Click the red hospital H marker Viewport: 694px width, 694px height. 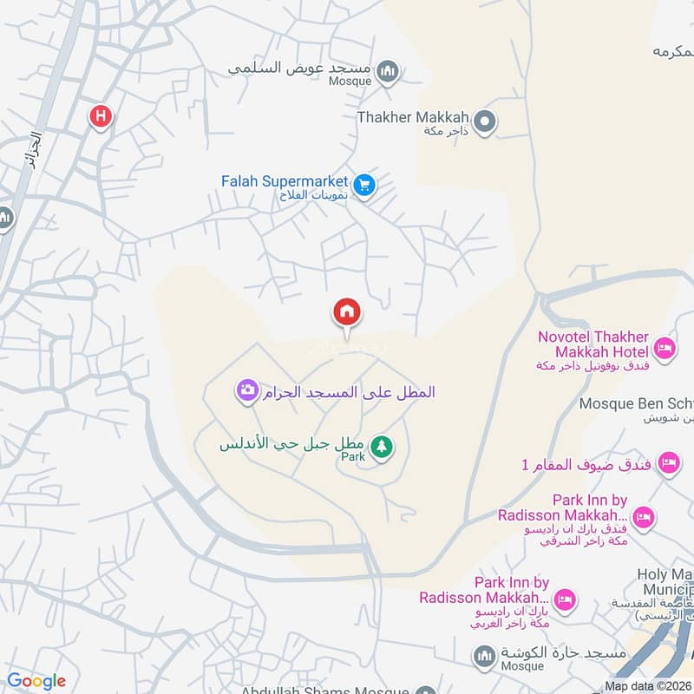pyautogui.click(x=101, y=115)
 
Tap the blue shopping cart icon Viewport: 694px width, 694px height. pyautogui.click(x=364, y=185)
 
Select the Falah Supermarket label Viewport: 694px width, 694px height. pyautogui.click(x=285, y=182)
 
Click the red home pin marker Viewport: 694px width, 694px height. pyautogui.click(x=347, y=311)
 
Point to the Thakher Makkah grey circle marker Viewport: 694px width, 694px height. pyautogui.click(x=487, y=122)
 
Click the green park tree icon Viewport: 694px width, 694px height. pyautogui.click(x=381, y=447)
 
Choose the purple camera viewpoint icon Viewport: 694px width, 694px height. pyautogui.click(x=247, y=391)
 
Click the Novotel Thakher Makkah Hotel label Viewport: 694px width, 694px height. pyautogui.click(x=593, y=344)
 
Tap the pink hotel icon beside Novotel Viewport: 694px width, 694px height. pyautogui.click(x=664, y=349)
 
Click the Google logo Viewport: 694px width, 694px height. pyautogui.click(x=36, y=681)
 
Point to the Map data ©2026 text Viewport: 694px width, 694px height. pyautogui.click(x=648, y=686)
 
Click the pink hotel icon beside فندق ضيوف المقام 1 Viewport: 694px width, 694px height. pyautogui.click(x=667, y=462)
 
